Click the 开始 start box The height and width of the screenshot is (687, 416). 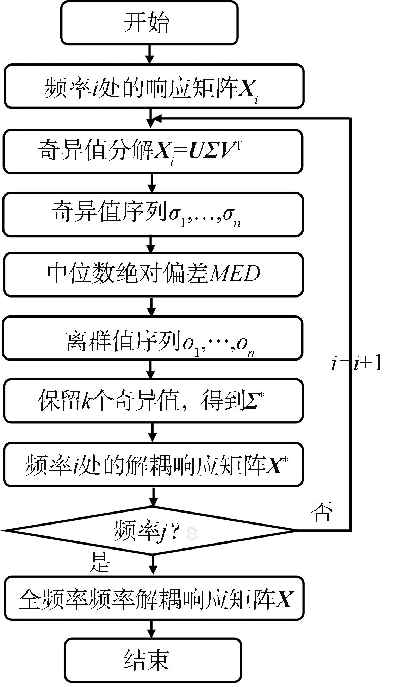(x=149, y=23)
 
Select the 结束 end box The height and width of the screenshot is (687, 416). (x=153, y=660)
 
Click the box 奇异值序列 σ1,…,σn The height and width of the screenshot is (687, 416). (x=153, y=214)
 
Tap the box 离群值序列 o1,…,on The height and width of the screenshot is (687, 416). (x=153, y=338)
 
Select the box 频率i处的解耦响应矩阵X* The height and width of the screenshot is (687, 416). (x=153, y=465)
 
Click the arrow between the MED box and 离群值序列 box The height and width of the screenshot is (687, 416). (x=151, y=306)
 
